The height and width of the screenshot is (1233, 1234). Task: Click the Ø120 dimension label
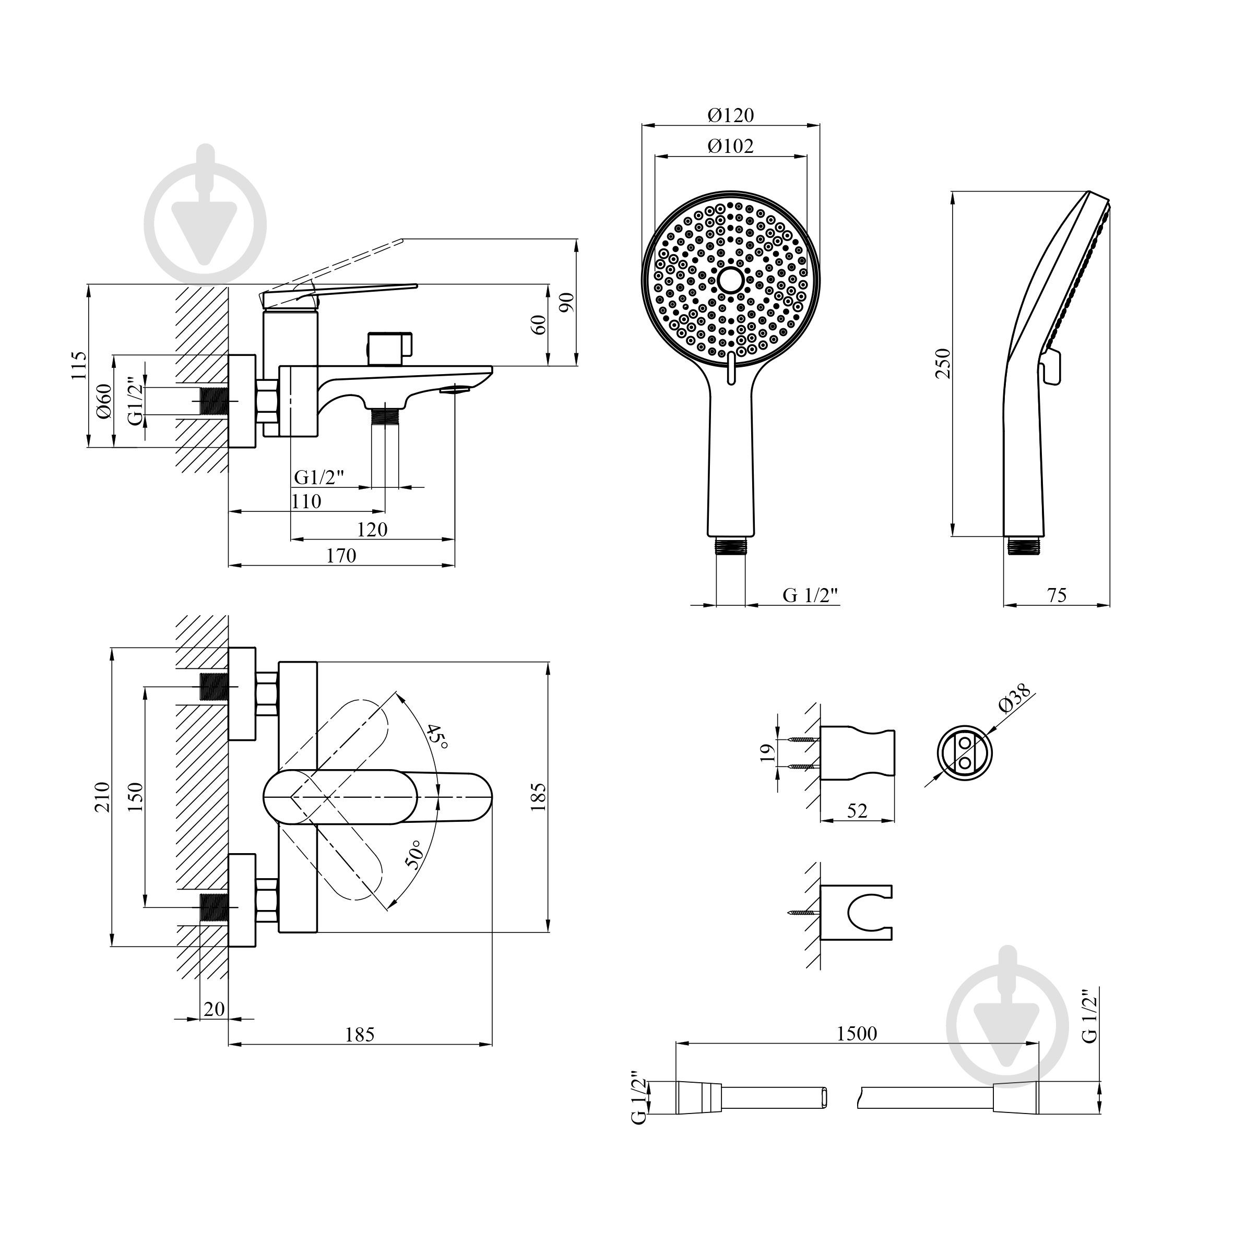pyautogui.click(x=731, y=115)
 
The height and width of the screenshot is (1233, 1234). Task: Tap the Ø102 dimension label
pyautogui.click(x=731, y=146)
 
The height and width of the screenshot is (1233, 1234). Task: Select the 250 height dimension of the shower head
pyautogui.click(x=943, y=363)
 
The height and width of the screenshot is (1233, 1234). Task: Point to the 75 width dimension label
pyautogui.click(x=1057, y=595)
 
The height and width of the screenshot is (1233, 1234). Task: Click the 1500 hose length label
pyautogui.click(x=857, y=1033)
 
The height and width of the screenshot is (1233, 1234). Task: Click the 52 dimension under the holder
pyautogui.click(x=857, y=811)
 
